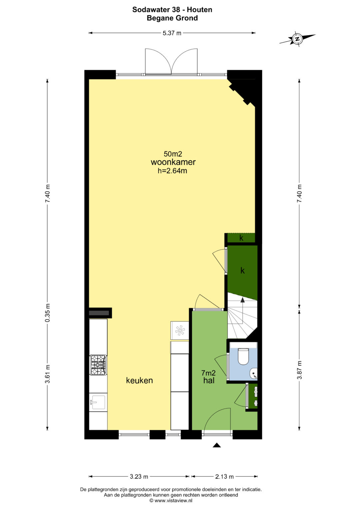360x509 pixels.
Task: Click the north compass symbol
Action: [x=297, y=39]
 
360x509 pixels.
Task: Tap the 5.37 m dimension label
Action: [x=172, y=33]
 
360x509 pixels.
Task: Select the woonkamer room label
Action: [x=173, y=162]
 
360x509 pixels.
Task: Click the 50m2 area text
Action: [x=173, y=154]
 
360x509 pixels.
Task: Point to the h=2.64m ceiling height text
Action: [x=172, y=171]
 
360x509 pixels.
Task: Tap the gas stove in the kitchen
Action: [x=98, y=365]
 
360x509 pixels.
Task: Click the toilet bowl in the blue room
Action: [x=244, y=357]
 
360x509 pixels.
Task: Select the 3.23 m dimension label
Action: [x=139, y=477]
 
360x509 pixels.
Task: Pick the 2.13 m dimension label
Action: [x=224, y=477]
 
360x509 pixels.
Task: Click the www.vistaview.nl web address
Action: [x=173, y=500]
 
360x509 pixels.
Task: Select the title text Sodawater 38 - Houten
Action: [x=172, y=10]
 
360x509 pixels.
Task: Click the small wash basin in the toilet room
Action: [x=254, y=374]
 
